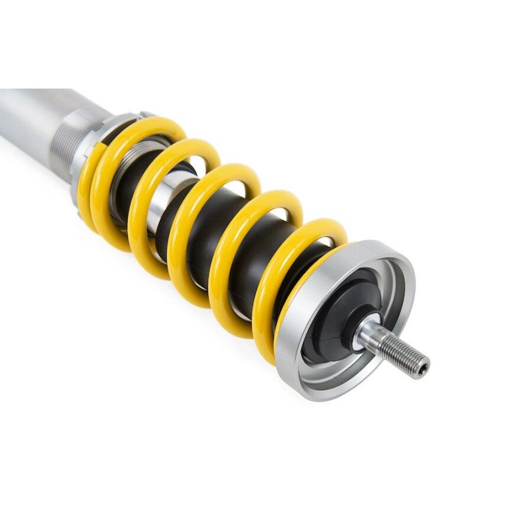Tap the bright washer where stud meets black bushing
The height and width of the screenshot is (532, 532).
[362, 326]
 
